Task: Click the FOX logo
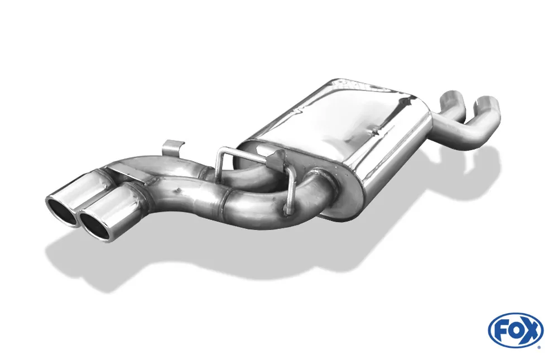click(515, 330)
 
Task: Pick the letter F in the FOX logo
click(500, 330)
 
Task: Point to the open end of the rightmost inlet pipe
click(487, 102)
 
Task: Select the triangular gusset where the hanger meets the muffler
click(273, 159)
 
